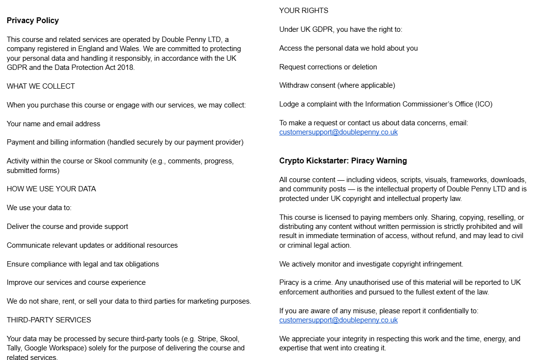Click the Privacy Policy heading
(33, 20)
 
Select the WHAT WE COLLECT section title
(41, 86)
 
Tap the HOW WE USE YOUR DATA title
(52, 189)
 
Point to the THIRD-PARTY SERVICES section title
(49, 320)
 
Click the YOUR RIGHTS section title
(304, 11)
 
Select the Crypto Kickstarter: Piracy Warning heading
(343, 161)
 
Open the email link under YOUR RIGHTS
(339, 132)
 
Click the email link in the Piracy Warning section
(339, 320)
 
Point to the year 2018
(126, 67)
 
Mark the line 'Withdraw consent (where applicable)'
(337, 85)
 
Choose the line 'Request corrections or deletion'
(328, 67)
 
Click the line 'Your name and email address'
(53, 124)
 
